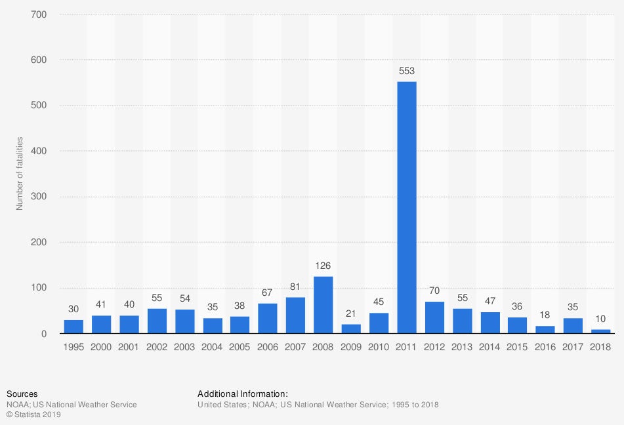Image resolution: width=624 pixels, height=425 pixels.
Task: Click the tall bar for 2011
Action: (x=407, y=207)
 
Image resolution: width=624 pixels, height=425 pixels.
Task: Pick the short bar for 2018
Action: (x=601, y=331)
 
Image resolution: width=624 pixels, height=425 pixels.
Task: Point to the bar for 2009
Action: (x=351, y=329)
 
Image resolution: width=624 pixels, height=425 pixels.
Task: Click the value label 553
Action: (x=407, y=71)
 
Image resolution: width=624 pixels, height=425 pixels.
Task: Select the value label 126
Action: (x=323, y=266)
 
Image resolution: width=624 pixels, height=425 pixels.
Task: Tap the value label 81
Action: (x=295, y=287)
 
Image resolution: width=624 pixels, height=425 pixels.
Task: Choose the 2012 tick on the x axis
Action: (x=434, y=346)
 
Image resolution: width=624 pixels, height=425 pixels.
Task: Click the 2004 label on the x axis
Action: (x=213, y=346)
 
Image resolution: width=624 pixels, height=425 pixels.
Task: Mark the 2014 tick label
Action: (x=490, y=346)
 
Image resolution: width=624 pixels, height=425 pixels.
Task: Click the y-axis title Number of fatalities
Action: (x=20, y=174)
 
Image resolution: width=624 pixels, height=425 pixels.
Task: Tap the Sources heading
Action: (x=22, y=394)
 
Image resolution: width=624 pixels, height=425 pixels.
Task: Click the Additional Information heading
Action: (x=243, y=394)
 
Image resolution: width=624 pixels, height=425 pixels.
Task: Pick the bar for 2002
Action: (x=157, y=321)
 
